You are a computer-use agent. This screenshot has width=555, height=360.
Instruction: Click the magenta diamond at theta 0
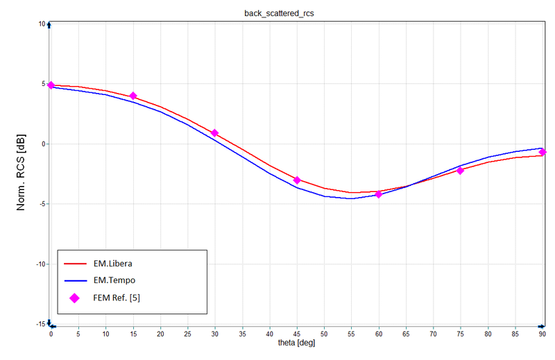(51, 85)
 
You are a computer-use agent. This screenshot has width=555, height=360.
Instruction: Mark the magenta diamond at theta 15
(133, 96)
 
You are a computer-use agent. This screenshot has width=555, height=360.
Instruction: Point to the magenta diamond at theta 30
(214, 132)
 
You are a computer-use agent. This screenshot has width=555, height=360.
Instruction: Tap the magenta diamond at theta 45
(297, 180)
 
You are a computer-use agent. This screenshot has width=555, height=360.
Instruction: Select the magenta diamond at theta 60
(379, 194)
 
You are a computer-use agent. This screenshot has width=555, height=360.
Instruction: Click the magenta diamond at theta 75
(460, 170)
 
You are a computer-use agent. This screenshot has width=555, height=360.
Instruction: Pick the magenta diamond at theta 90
(543, 152)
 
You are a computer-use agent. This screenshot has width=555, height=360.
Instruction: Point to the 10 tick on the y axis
(42, 24)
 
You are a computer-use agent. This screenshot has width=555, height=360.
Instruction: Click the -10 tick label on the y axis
(40, 264)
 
